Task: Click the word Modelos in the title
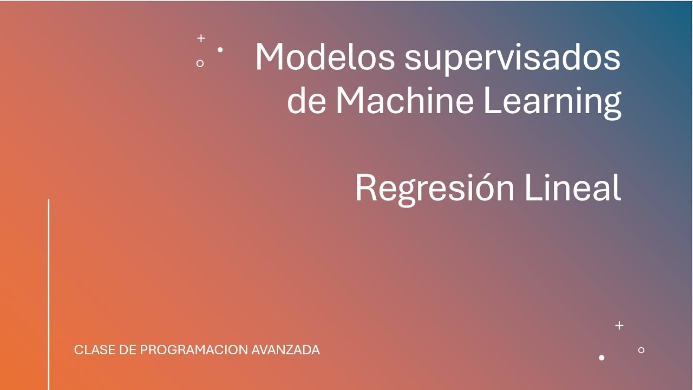click(325, 56)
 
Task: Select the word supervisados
click(512, 57)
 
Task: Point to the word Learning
click(552, 101)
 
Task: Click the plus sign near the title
click(201, 38)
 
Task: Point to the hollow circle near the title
click(200, 63)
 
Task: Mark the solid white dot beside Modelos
click(220, 50)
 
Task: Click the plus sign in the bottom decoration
click(619, 326)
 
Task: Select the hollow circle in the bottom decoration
click(641, 350)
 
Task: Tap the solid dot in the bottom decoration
click(602, 357)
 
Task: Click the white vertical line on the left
click(49, 292)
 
